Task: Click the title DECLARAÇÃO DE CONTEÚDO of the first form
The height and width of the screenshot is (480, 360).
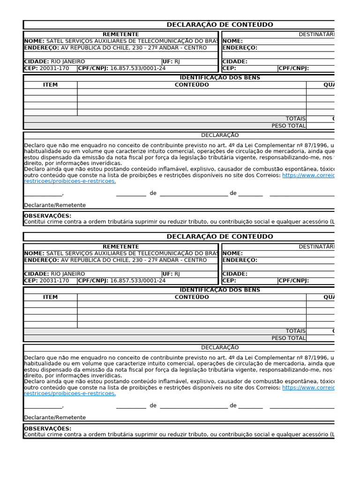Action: click(220, 25)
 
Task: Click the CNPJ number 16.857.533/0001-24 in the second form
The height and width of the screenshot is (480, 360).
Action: click(138, 281)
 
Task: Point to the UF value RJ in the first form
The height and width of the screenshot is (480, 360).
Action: click(177, 61)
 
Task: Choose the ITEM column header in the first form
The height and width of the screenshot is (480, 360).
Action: click(50, 85)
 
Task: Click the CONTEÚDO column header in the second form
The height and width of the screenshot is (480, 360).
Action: click(192, 297)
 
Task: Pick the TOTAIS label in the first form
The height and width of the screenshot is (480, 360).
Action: click(295, 119)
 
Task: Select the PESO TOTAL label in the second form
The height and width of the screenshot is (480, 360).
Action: click(288, 338)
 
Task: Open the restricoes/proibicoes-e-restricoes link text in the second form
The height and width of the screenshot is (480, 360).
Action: click(70, 394)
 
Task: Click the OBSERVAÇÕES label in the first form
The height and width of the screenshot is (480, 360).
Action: click(47, 216)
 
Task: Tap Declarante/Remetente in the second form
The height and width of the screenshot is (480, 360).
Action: click(55, 417)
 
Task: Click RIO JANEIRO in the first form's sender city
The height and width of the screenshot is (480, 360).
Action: click(68, 61)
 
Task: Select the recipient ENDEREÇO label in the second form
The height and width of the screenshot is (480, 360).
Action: click(240, 260)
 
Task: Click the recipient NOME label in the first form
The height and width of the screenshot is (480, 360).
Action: click(233, 41)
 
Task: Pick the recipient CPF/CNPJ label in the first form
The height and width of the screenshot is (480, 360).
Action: click(293, 68)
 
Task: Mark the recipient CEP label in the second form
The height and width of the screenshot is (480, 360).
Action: click(229, 281)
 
